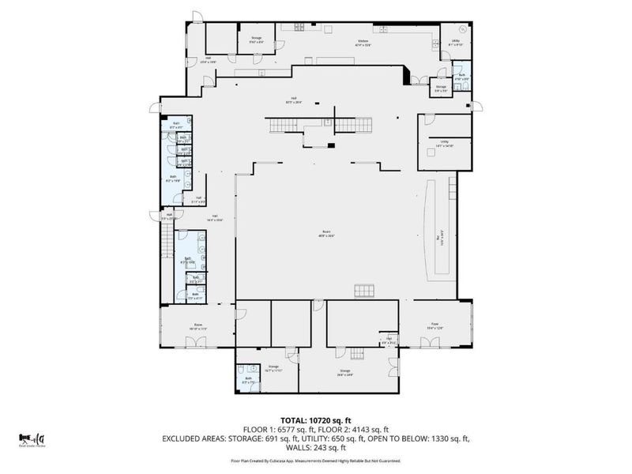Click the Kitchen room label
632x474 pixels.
coord(363,42)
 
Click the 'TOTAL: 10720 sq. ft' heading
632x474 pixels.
coord(315,419)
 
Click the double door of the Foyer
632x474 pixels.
coord(431,342)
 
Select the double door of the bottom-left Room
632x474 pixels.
coord(192,342)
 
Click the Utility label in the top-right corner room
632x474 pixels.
coord(456,42)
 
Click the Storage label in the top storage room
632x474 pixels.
coord(256,39)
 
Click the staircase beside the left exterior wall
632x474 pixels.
coord(166,241)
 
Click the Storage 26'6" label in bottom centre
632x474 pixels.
coord(344,372)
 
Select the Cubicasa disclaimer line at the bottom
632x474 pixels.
coord(315,460)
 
